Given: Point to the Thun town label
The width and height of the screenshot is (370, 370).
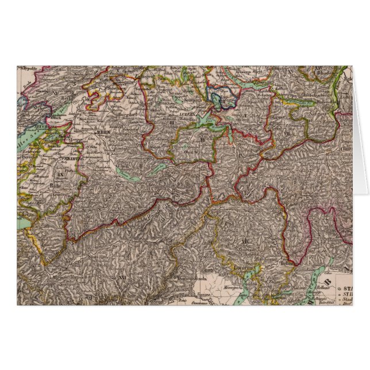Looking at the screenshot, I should click(x=124, y=167).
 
